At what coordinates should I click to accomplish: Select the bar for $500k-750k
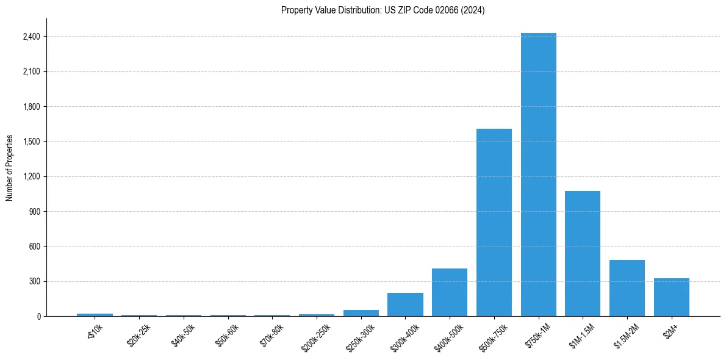(494, 222)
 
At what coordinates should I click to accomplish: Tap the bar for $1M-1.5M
(583, 253)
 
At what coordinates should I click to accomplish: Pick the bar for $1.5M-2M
(627, 288)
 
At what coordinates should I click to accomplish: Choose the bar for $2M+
(671, 297)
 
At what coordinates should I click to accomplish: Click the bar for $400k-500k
(450, 292)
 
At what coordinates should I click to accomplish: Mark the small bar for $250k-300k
(361, 313)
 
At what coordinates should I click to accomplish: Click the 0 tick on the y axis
(38, 316)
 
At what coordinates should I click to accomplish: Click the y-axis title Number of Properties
(10, 167)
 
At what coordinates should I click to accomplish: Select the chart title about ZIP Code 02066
(383, 10)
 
